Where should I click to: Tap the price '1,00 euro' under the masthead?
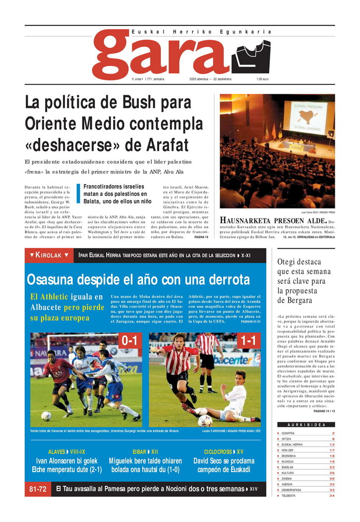tap(262, 79)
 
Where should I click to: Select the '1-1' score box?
tap(249, 341)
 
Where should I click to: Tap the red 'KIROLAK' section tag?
tap(49, 255)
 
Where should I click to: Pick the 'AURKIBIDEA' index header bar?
tap(306, 425)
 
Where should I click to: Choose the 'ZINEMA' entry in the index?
tap(288, 478)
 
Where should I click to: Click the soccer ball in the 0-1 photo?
tap(46, 416)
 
